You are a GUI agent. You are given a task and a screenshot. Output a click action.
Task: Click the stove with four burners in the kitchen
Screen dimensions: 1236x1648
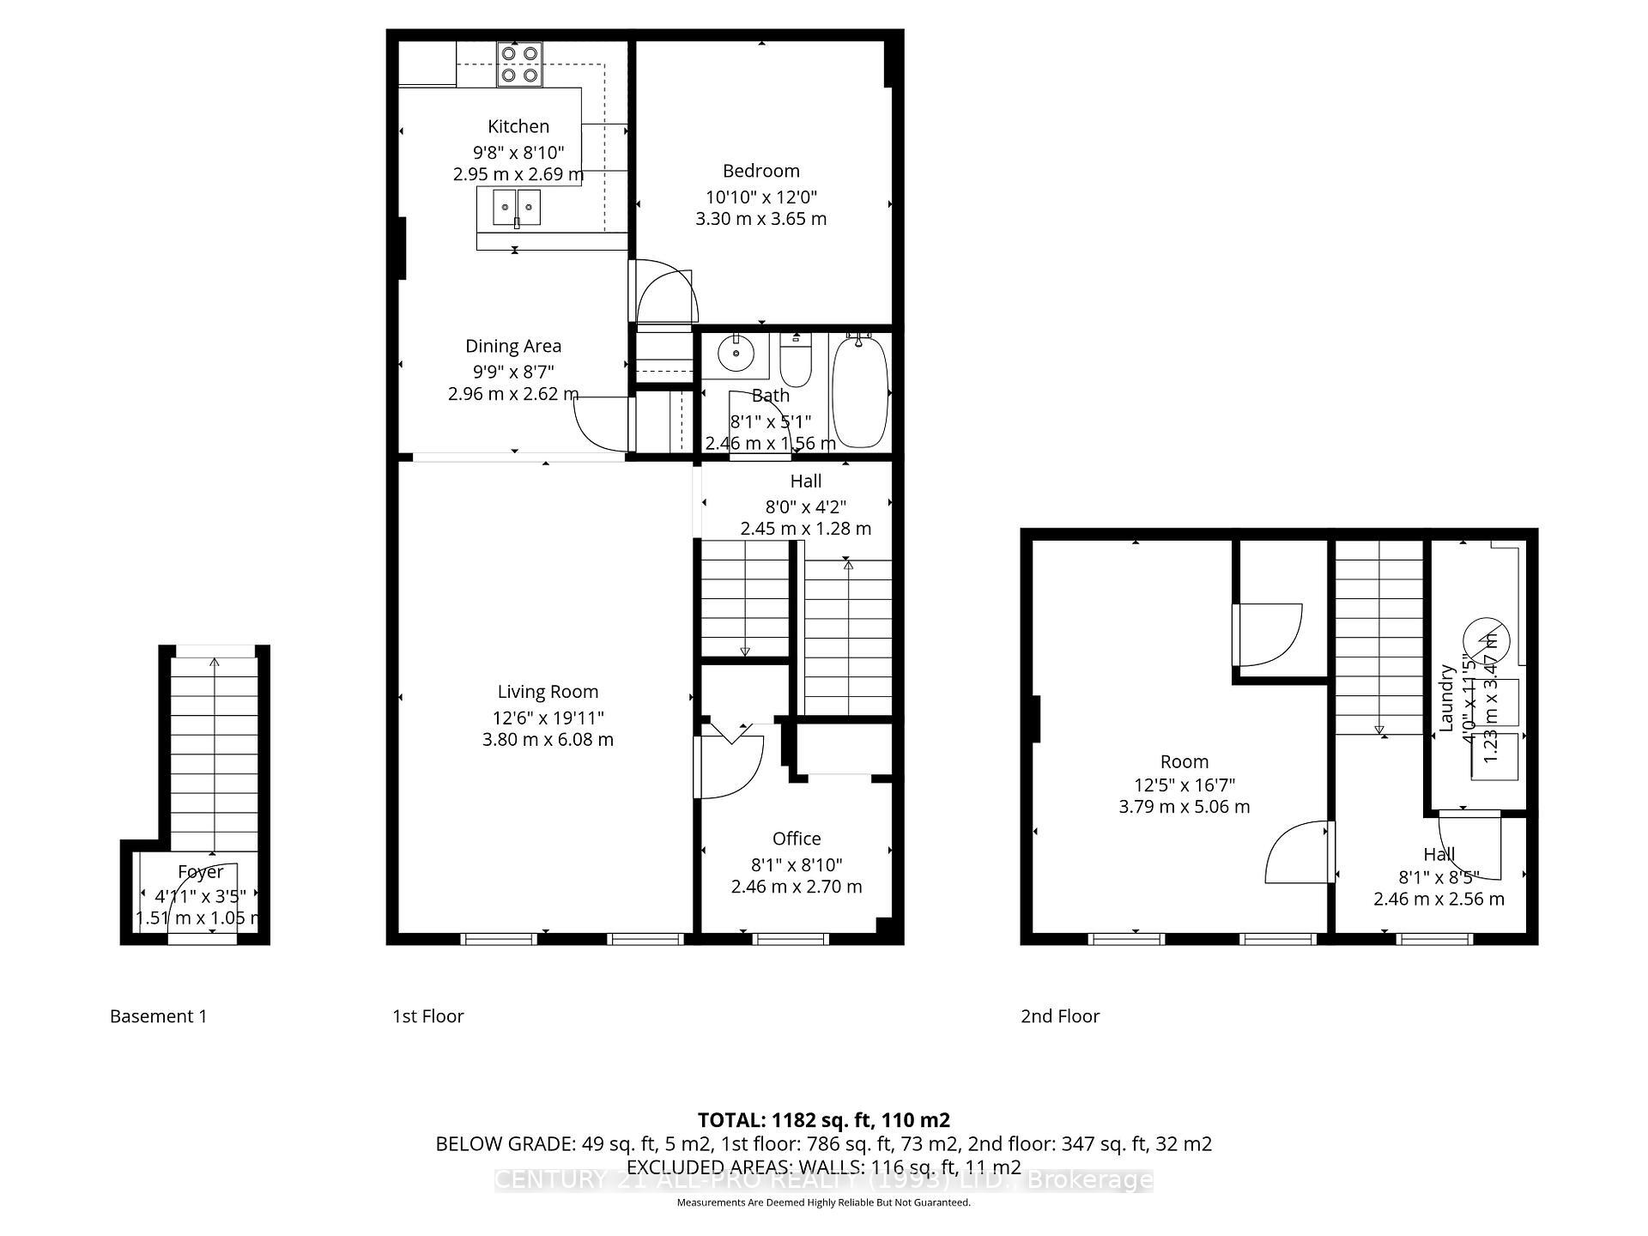pyautogui.click(x=519, y=64)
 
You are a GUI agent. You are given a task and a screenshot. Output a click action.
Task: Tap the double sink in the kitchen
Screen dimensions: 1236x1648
pyautogui.click(x=517, y=208)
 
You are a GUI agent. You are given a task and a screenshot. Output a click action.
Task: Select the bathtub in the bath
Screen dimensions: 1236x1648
pyautogui.click(x=859, y=391)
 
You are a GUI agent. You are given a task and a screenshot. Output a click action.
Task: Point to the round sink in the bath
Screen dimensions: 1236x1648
pyautogui.click(x=736, y=352)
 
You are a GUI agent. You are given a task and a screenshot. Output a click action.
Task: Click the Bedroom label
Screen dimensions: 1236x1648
pyautogui.click(x=760, y=171)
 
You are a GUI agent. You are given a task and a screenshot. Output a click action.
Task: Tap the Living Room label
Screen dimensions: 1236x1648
pyautogui.click(x=548, y=692)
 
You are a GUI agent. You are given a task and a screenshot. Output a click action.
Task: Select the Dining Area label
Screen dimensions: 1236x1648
pyautogui.click(x=513, y=346)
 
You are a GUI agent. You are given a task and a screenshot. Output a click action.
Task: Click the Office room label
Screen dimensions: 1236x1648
pyautogui.click(x=797, y=839)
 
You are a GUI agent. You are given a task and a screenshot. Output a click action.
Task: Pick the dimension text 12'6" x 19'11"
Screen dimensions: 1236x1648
pyautogui.click(x=548, y=718)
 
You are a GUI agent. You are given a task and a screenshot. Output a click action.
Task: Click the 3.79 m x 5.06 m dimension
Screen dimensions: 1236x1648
pyautogui.click(x=1184, y=807)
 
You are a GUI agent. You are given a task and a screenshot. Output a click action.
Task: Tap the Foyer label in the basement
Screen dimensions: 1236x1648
pyautogui.click(x=200, y=872)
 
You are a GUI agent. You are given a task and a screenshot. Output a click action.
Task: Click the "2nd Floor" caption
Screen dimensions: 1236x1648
pyautogui.click(x=1059, y=1016)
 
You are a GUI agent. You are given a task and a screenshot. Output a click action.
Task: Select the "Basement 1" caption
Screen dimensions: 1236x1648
pyautogui.click(x=158, y=1016)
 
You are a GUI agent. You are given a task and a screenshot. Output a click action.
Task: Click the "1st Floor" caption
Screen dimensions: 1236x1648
pyautogui.click(x=427, y=1016)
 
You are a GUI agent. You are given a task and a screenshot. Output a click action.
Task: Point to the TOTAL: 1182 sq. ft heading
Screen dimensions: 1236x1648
pyautogui.click(x=823, y=1120)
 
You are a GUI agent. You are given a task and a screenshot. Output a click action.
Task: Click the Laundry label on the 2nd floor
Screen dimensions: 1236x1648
pyautogui.click(x=1447, y=697)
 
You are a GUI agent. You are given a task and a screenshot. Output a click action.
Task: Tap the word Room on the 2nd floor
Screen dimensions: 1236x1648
pyautogui.click(x=1184, y=761)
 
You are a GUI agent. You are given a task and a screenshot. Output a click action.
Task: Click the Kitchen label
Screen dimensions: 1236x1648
pyautogui.click(x=518, y=127)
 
